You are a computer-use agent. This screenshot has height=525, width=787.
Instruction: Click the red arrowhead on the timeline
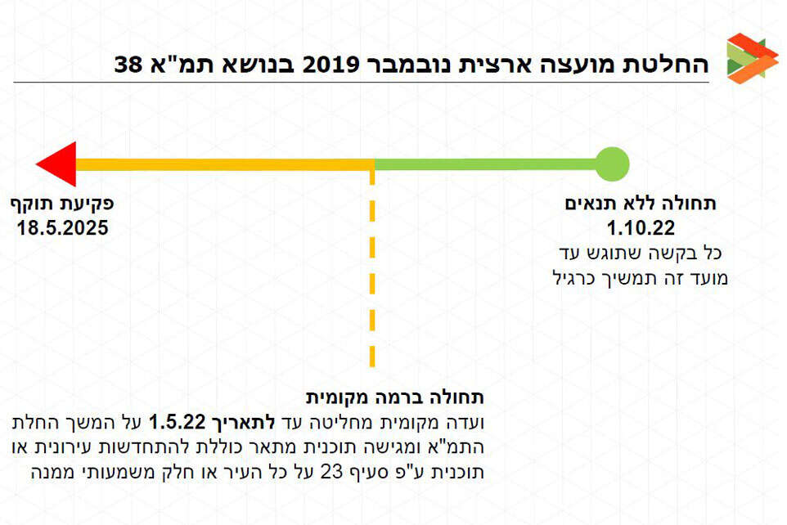(56, 164)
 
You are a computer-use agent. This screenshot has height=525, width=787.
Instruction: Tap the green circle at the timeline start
(611, 164)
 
